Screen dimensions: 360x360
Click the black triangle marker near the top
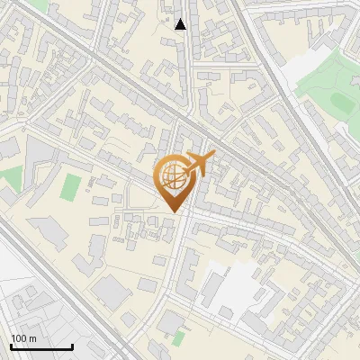(181, 24)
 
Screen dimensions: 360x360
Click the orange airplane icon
(198, 165)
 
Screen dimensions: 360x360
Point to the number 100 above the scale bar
(18, 338)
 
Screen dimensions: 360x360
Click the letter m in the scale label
(32, 338)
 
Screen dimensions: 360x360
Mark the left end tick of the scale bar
(11, 346)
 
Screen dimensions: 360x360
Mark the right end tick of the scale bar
(72, 346)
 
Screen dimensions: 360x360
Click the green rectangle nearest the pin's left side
(70, 187)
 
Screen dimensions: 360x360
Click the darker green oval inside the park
(343, 103)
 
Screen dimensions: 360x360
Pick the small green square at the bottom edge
(179, 339)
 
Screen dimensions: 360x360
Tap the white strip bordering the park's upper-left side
(297, 63)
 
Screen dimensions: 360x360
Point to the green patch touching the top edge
(36, 4)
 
